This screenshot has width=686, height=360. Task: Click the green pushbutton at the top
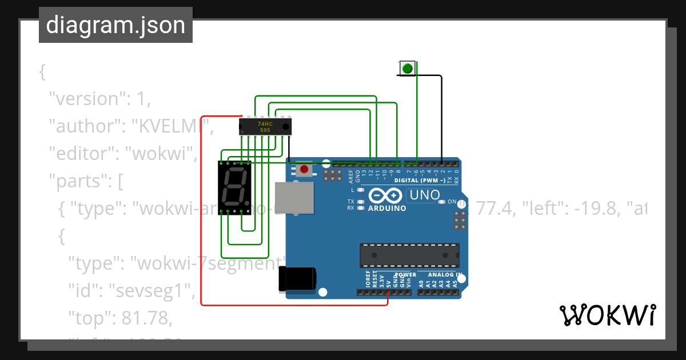(407, 69)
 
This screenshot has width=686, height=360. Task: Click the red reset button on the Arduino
(304, 169)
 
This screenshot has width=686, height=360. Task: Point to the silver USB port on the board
(294, 199)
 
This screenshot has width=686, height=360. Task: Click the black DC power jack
(296, 279)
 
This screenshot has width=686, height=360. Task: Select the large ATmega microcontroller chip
(409, 255)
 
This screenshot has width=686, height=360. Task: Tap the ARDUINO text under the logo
(387, 209)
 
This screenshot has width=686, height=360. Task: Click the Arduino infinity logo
(386, 196)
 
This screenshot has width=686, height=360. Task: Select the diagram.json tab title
(115, 25)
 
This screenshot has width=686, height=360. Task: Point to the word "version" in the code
(86, 99)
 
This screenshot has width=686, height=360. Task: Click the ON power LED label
(452, 202)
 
